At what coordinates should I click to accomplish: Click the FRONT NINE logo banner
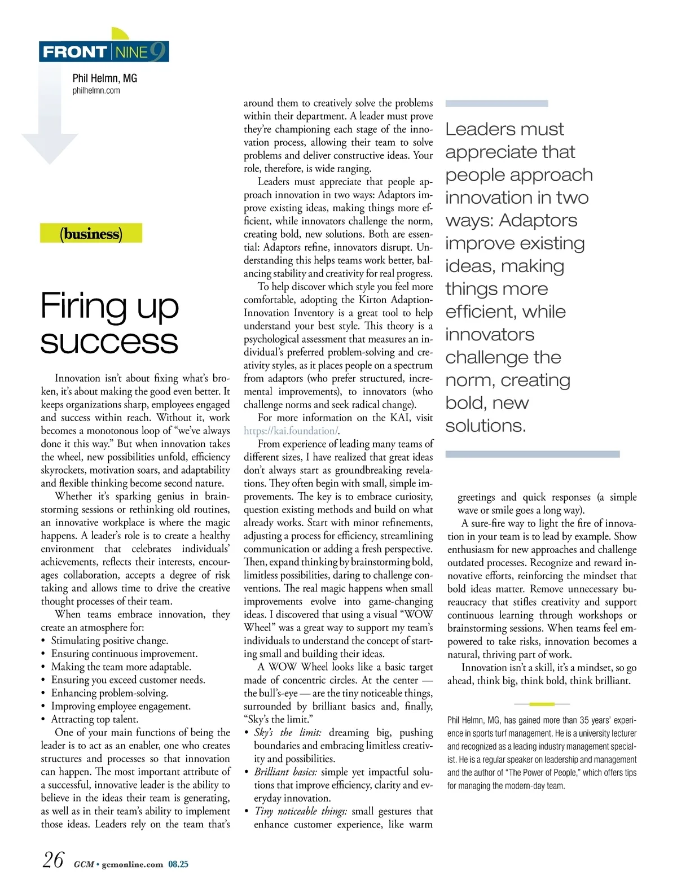(x=104, y=52)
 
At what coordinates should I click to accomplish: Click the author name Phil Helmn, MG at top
(x=104, y=78)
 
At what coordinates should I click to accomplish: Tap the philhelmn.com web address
(x=96, y=90)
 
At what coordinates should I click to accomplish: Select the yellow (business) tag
(x=91, y=234)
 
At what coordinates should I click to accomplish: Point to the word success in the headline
(x=109, y=342)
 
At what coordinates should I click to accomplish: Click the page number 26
(x=53, y=860)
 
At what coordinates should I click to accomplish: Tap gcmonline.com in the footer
(x=132, y=864)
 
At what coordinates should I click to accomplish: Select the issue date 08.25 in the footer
(x=178, y=864)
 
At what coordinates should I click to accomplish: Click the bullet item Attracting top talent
(x=94, y=719)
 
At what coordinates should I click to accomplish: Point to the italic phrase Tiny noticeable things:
(x=301, y=811)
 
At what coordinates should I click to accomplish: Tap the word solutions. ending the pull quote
(x=485, y=426)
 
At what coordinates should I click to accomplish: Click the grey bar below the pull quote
(x=532, y=454)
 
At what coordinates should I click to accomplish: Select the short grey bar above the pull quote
(x=496, y=103)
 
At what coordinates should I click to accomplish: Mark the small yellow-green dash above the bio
(x=542, y=704)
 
